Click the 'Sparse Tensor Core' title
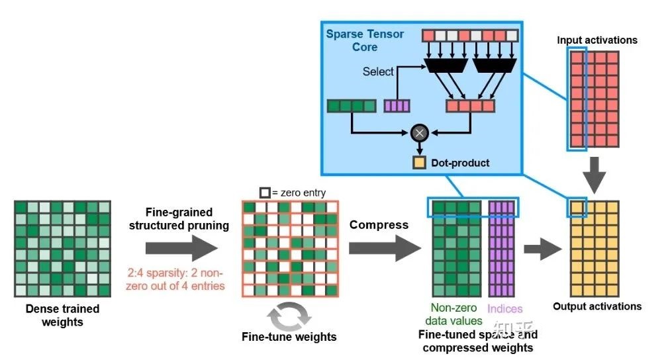[x=364, y=40]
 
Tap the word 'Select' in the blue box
[x=378, y=71]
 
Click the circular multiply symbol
[x=418, y=134]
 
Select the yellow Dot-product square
[x=419, y=161]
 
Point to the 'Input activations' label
[x=597, y=40]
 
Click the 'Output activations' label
[x=597, y=306]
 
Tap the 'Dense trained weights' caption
[x=62, y=315]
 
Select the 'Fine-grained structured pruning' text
[x=179, y=219]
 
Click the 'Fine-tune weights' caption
[x=289, y=337]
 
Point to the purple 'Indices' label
[x=505, y=309]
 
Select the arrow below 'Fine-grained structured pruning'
[x=181, y=249]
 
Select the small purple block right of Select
[x=398, y=105]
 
